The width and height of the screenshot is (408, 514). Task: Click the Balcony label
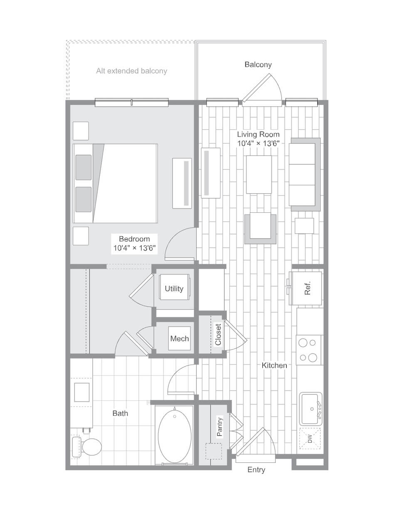(x=258, y=65)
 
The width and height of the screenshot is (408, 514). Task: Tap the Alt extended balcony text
(x=131, y=71)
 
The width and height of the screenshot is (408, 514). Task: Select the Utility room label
(x=174, y=288)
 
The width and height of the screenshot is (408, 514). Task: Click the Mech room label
(x=180, y=338)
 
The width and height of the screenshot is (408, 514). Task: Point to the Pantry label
(x=220, y=427)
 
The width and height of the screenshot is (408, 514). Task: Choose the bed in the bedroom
(x=115, y=183)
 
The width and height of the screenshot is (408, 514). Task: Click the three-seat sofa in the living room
(x=304, y=174)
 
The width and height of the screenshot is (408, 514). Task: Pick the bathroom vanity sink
(x=82, y=392)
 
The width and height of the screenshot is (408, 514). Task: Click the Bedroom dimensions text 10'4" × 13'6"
(x=134, y=248)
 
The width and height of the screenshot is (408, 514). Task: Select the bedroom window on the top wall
(x=131, y=102)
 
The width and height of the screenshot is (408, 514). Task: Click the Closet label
(x=218, y=334)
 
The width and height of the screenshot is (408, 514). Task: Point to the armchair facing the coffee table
(x=260, y=228)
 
